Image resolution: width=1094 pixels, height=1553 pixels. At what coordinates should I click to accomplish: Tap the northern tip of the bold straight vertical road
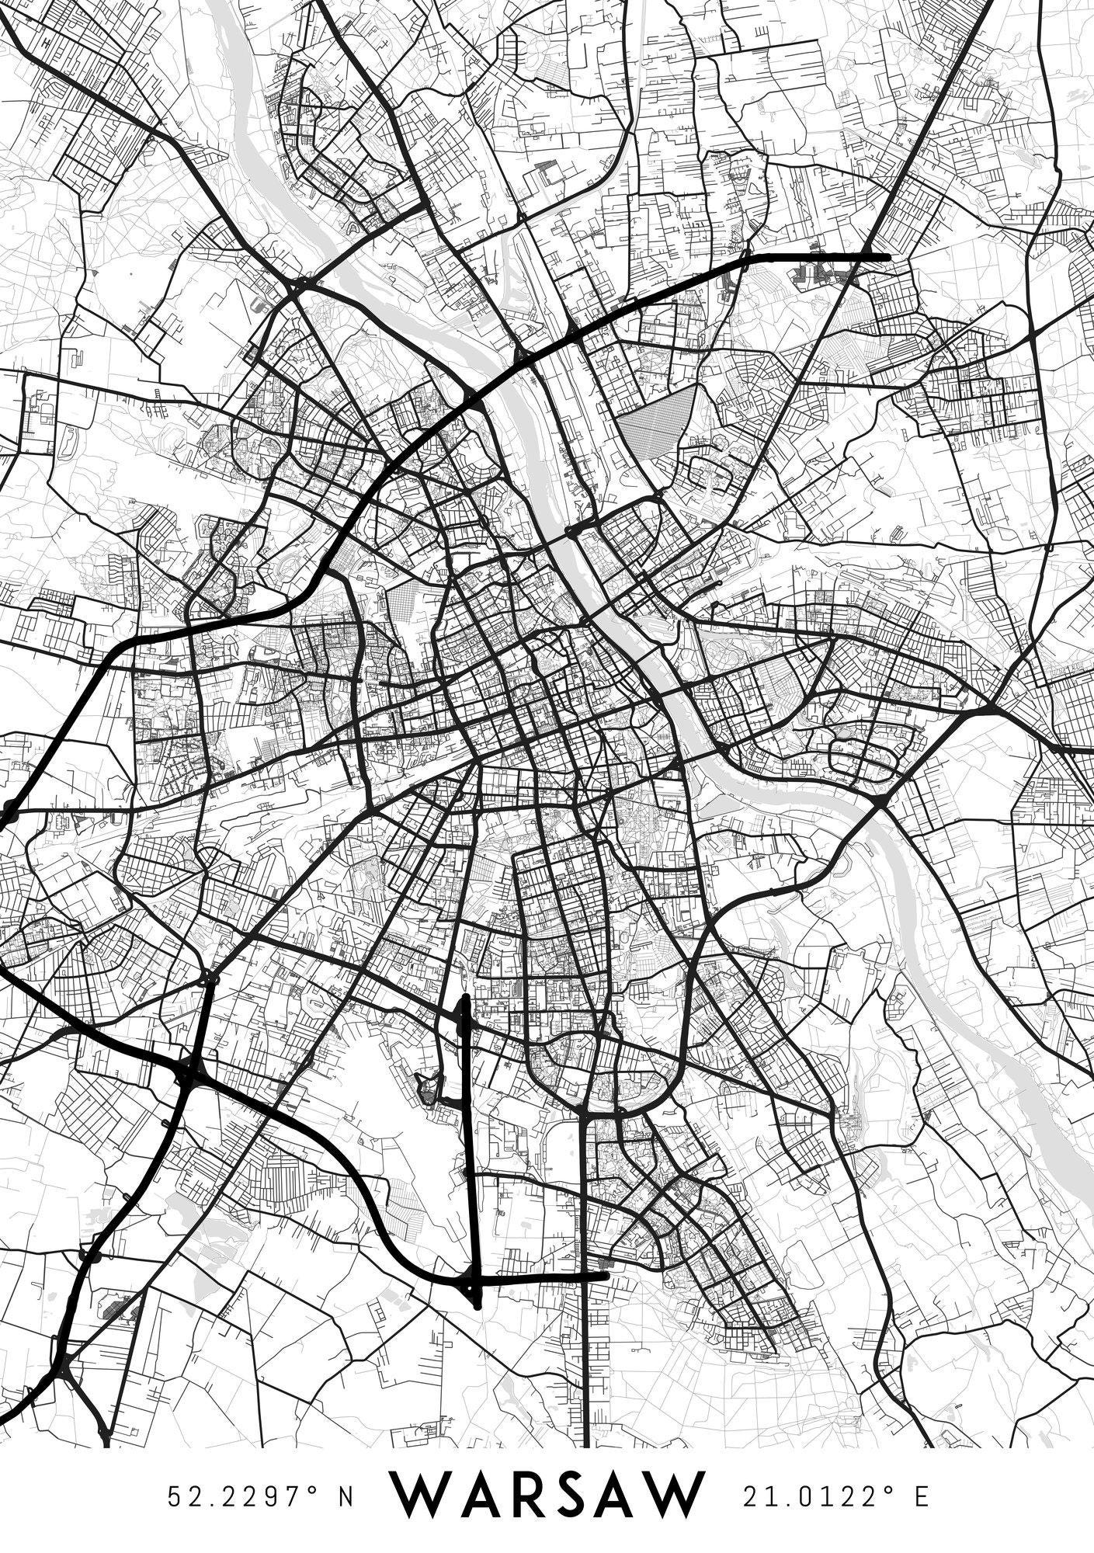click(464, 997)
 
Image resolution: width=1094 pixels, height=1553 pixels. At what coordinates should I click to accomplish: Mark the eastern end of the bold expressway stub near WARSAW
click(605, 1275)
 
